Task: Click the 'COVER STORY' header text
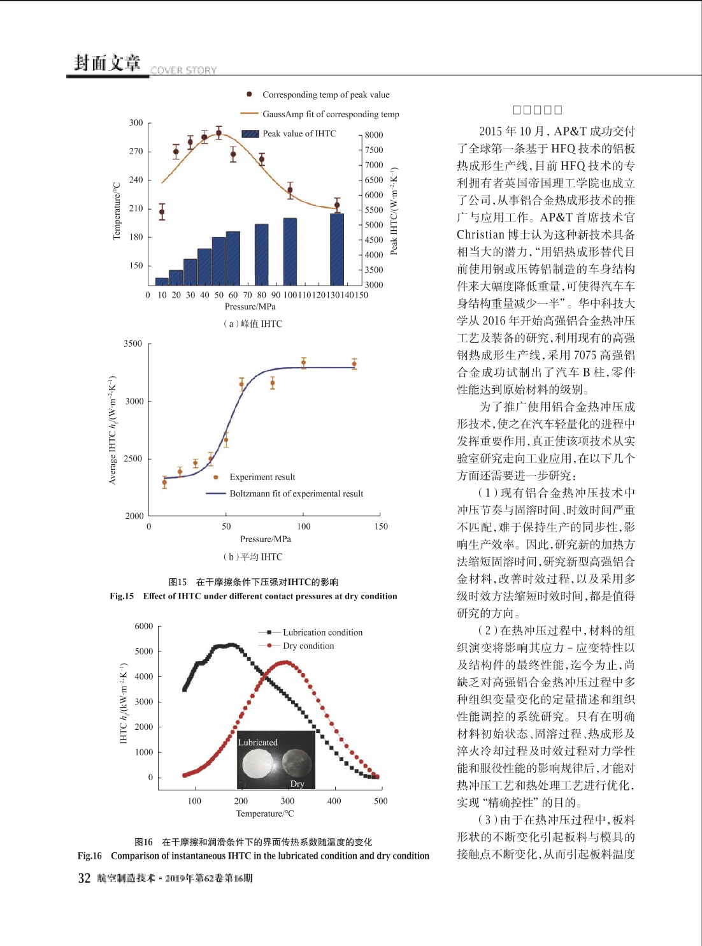[x=183, y=70]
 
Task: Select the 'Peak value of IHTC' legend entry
[x=299, y=133]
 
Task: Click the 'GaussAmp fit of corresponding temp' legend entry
[x=330, y=114]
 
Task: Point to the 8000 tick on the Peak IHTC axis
[x=374, y=135]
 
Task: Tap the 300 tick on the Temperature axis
[x=136, y=122]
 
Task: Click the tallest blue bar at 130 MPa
[x=337, y=249]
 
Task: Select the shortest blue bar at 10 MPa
[x=162, y=281]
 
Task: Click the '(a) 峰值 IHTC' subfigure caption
[x=252, y=324]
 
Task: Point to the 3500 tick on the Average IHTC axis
[x=133, y=344]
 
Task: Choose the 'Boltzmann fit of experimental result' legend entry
[x=296, y=493]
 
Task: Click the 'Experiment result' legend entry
[x=262, y=477]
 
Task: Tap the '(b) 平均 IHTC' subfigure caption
[x=252, y=557]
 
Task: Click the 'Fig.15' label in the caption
[x=122, y=596]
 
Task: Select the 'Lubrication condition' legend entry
[x=322, y=632]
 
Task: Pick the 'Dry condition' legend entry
[x=308, y=646]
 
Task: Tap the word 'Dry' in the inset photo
[x=297, y=783]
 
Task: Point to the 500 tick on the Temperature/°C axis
[x=380, y=801]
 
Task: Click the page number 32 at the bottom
[x=84, y=878]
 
